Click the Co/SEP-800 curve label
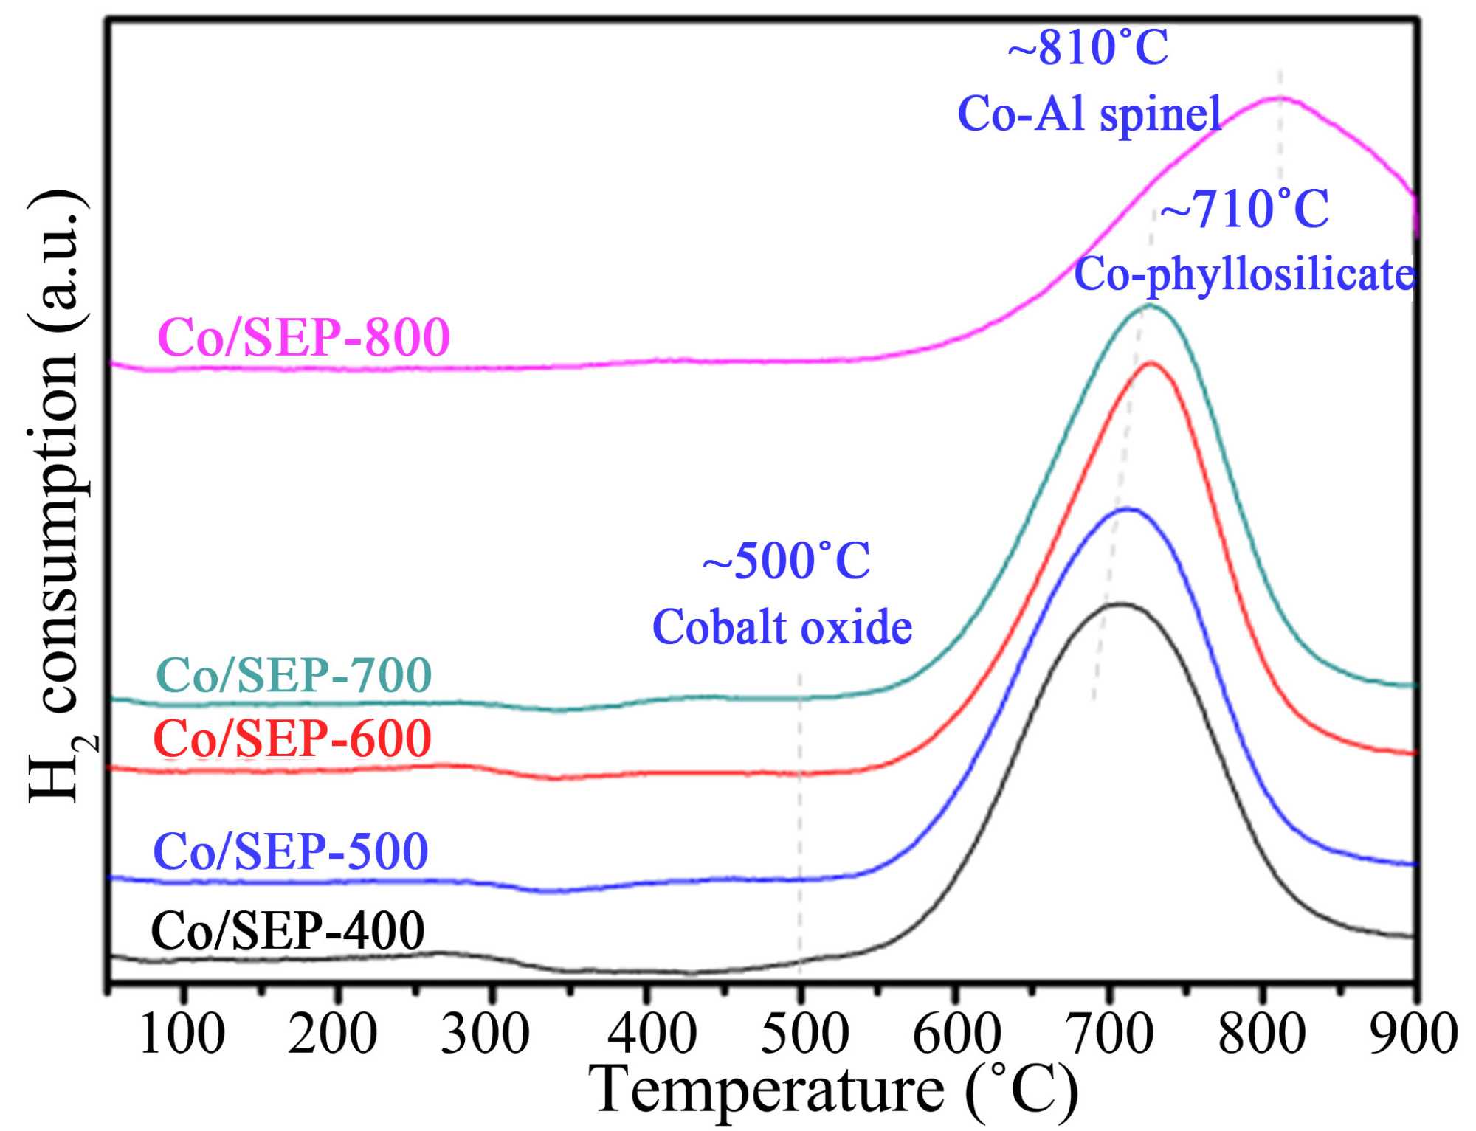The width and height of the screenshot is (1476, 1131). [x=303, y=338]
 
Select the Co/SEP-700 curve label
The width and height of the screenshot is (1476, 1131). [x=294, y=674]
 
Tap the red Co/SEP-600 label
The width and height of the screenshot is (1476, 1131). [x=292, y=739]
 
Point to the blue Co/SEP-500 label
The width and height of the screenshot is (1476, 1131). [x=290, y=851]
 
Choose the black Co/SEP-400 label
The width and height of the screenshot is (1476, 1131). [x=288, y=930]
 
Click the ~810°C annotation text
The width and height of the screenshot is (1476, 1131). [x=1088, y=49]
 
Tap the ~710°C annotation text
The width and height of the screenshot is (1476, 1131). [x=1244, y=210]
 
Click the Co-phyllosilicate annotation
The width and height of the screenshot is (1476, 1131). [x=1244, y=274]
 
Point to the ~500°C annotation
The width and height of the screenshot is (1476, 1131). [x=786, y=561]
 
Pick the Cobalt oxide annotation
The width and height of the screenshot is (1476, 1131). [x=782, y=628]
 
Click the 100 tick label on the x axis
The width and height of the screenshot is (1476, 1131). [x=182, y=1034]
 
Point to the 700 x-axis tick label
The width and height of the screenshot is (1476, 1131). [x=1111, y=1034]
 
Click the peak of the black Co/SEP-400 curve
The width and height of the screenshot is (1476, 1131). [x=1120, y=604]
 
